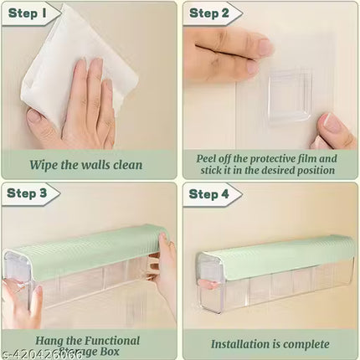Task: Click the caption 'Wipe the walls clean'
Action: (x=90, y=164)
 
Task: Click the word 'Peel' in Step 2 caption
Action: (x=208, y=157)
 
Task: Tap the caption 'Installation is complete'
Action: (x=270, y=343)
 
